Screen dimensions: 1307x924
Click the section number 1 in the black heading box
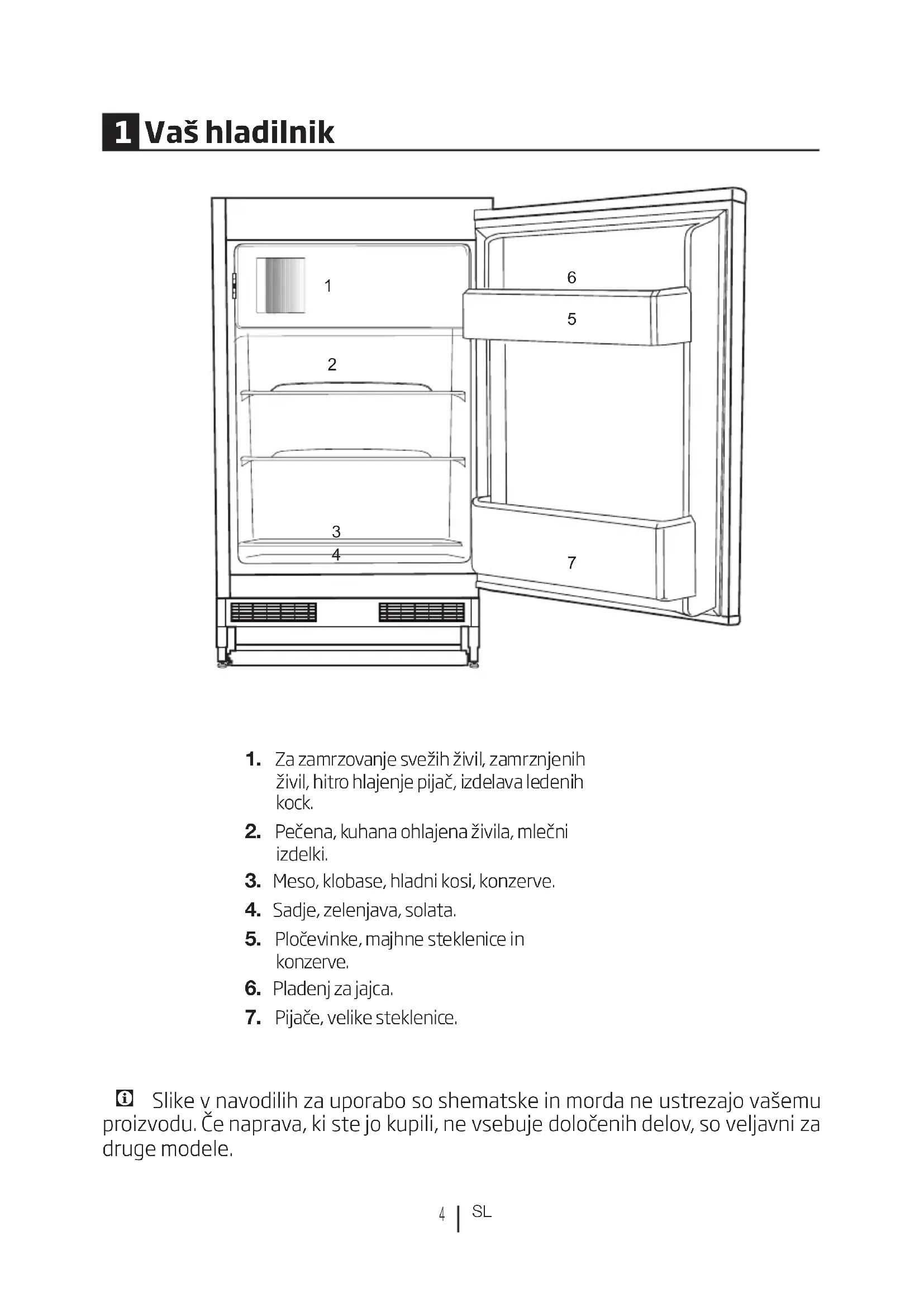[x=121, y=132]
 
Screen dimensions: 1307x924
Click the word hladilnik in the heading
[x=269, y=132]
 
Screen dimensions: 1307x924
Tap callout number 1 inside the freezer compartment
[x=328, y=286]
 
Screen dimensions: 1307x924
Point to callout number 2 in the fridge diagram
[x=332, y=364]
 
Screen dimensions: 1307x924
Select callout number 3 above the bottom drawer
[x=336, y=531]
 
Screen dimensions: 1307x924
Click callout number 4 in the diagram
[x=336, y=554]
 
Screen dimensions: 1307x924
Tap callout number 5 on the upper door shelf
[x=572, y=320]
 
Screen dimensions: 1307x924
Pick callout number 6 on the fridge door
[x=572, y=278]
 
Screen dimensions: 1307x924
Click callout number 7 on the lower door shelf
[x=572, y=563]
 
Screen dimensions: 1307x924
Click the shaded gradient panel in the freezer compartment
[x=280, y=285]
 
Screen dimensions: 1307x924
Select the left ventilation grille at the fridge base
[x=273, y=612]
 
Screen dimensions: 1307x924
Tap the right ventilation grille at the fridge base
[x=422, y=612]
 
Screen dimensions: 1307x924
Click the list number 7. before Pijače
[x=253, y=1017]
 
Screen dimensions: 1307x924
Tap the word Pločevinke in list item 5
[x=318, y=939]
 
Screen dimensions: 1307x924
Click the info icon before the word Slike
[x=124, y=1098]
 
